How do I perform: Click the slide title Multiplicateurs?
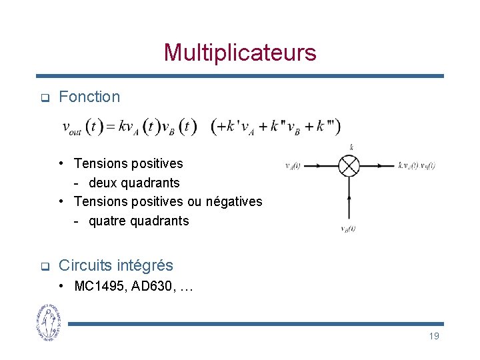tap(240, 52)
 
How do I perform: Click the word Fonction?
tap(89, 97)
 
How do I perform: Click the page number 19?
tap(433, 336)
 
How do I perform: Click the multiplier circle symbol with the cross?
tap(349, 165)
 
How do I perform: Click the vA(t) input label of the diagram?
tap(293, 166)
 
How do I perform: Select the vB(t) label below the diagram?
tap(348, 229)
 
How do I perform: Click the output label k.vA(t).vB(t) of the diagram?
tap(417, 165)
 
